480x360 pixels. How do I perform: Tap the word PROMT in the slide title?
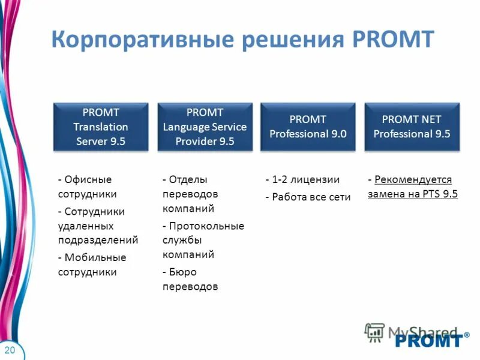pyautogui.click(x=392, y=39)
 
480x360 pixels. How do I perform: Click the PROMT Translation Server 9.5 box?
pyautogui.click(x=101, y=127)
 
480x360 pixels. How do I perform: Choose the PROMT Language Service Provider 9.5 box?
pyautogui.click(x=205, y=127)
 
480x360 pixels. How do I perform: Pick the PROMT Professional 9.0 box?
pyautogui.click(x=308, y=127)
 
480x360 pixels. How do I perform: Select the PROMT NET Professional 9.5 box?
pyautogui.click(x=412, y=127)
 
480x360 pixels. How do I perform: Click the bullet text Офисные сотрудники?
pyautogui.click(x=87, y=187)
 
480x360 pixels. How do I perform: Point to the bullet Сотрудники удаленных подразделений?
pyautogui.click(x=97, y=226)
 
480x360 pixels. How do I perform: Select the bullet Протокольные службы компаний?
pyautogui.click(x=203, y=240)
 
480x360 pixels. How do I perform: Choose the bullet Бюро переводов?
pyautogui.click(x=190, y=280)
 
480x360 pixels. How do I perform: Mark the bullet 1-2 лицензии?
pyautogui.click(x=302, y=179)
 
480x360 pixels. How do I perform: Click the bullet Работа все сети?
pyautogui.click(x=308, y=197)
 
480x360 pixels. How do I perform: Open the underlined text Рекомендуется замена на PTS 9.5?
pyautogui.click(x=413, y=187)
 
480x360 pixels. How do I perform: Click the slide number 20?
pyautogui.click(x=10, y=350)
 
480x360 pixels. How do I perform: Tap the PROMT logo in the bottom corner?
pyautogui.click(x=428, y=340)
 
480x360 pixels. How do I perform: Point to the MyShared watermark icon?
pyautogui.click(x=375, y=332)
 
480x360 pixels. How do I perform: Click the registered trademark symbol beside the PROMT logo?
pyautogui.click(x=467, y=335)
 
